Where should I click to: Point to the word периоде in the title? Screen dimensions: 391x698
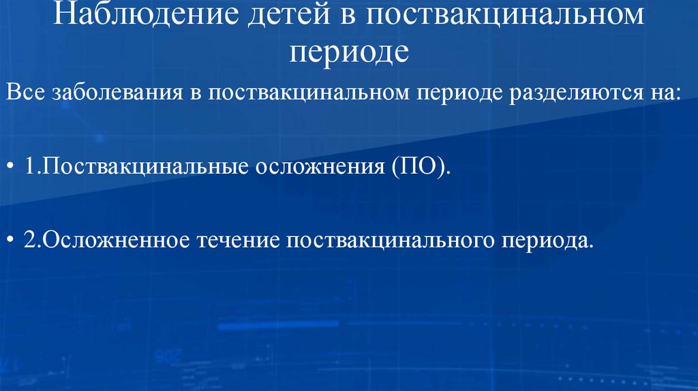(x=349, y=51)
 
